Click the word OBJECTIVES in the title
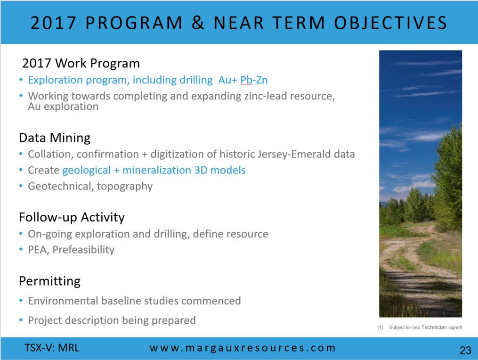[390, 23]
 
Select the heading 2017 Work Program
[81, 63]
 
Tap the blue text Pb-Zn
[254, 80]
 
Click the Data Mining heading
[55, 138]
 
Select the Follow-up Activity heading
[72, 218]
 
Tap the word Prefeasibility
[83, 250]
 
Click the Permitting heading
[50, 281]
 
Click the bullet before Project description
[21, 320]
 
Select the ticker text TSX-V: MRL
[52, 348]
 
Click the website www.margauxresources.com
[243, 348]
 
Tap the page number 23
[465, 350]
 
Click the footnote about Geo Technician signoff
[420, 327]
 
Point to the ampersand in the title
[198, 23]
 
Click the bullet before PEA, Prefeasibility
[21, 250]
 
